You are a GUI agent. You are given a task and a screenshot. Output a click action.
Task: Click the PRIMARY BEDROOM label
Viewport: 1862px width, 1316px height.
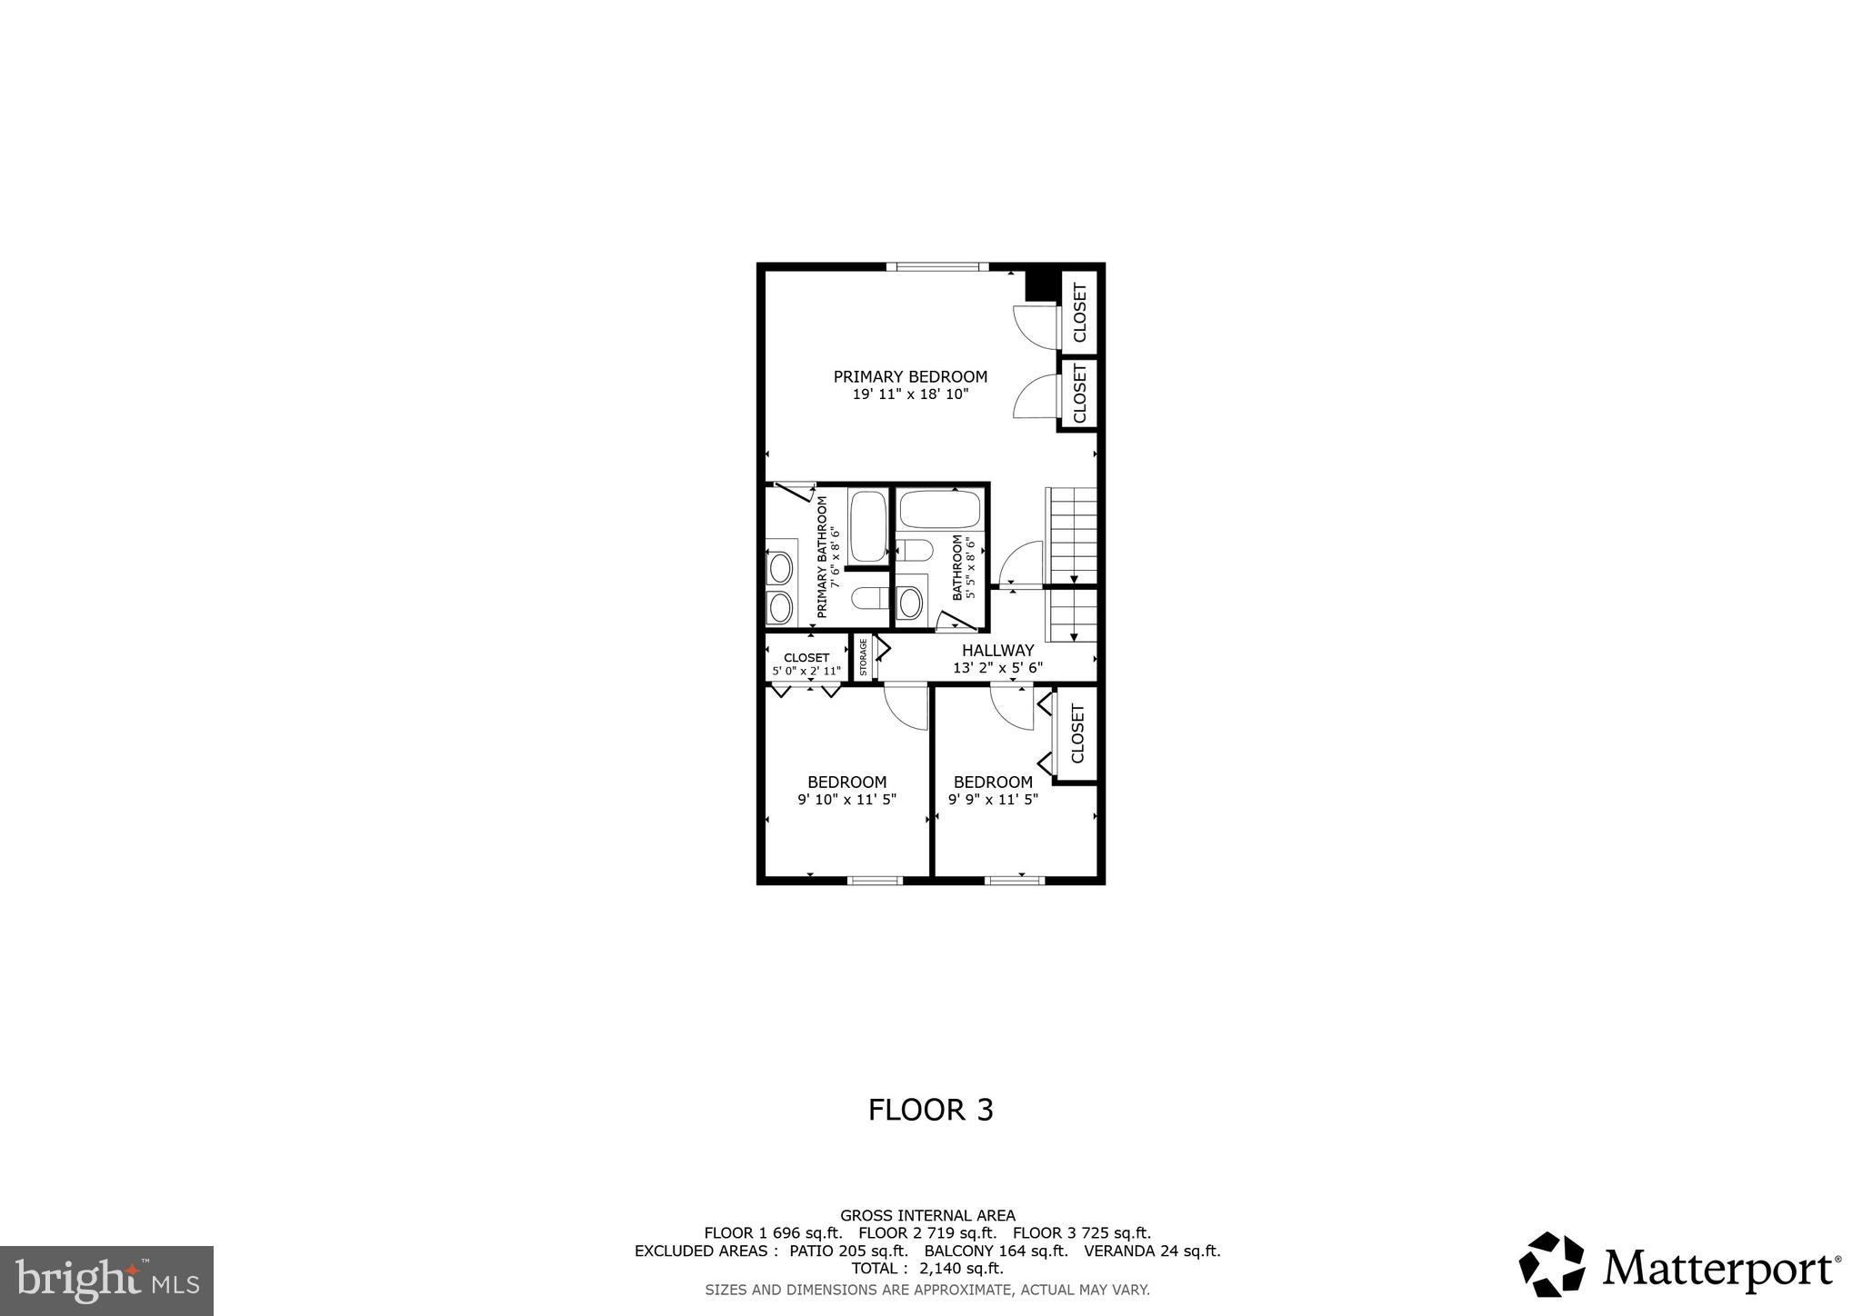(x=910, y=376)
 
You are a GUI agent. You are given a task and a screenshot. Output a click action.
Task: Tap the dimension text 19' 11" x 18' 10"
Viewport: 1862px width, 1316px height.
(x=910, y=394)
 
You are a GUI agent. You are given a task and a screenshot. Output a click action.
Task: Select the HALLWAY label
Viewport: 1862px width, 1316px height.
(x=997, y=650)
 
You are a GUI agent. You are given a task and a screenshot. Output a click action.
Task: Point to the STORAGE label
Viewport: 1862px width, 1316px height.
(x=863, y=658)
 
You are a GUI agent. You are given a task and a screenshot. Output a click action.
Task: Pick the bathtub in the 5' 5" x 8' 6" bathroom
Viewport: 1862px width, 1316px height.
(x=940, y=510)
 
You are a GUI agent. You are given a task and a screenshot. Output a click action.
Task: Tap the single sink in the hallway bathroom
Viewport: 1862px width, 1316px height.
(x=909, y=600)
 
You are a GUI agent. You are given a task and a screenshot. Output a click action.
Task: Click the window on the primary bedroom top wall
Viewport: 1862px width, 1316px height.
(x=936, y=266)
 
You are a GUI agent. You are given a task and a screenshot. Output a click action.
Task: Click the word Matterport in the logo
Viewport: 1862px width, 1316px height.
(x=1717, y=1269)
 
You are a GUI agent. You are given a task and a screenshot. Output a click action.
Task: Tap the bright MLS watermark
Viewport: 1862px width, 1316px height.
(x=106, y=1281)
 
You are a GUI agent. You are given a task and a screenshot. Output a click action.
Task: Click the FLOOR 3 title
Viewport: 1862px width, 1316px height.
(x=930, y=1110)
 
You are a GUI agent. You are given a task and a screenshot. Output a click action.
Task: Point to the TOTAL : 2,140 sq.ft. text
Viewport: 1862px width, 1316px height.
(x=927, y=1268)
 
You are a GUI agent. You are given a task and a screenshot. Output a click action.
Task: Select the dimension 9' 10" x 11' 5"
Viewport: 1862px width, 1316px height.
(x=846, y=800)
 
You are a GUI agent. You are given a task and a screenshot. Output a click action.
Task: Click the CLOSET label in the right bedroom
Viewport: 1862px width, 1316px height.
(x=1078, y=734)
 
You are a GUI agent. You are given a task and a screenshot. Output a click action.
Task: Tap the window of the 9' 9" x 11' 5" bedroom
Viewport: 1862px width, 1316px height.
(x=1015, y=880)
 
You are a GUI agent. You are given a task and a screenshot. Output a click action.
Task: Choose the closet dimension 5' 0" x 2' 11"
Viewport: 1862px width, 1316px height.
(x=806, y=672)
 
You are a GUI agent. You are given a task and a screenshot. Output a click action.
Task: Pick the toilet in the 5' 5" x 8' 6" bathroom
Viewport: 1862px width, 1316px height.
(x=915, y=550)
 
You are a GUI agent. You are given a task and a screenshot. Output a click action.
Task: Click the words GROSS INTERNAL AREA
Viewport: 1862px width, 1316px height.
(x=927, y=1215)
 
